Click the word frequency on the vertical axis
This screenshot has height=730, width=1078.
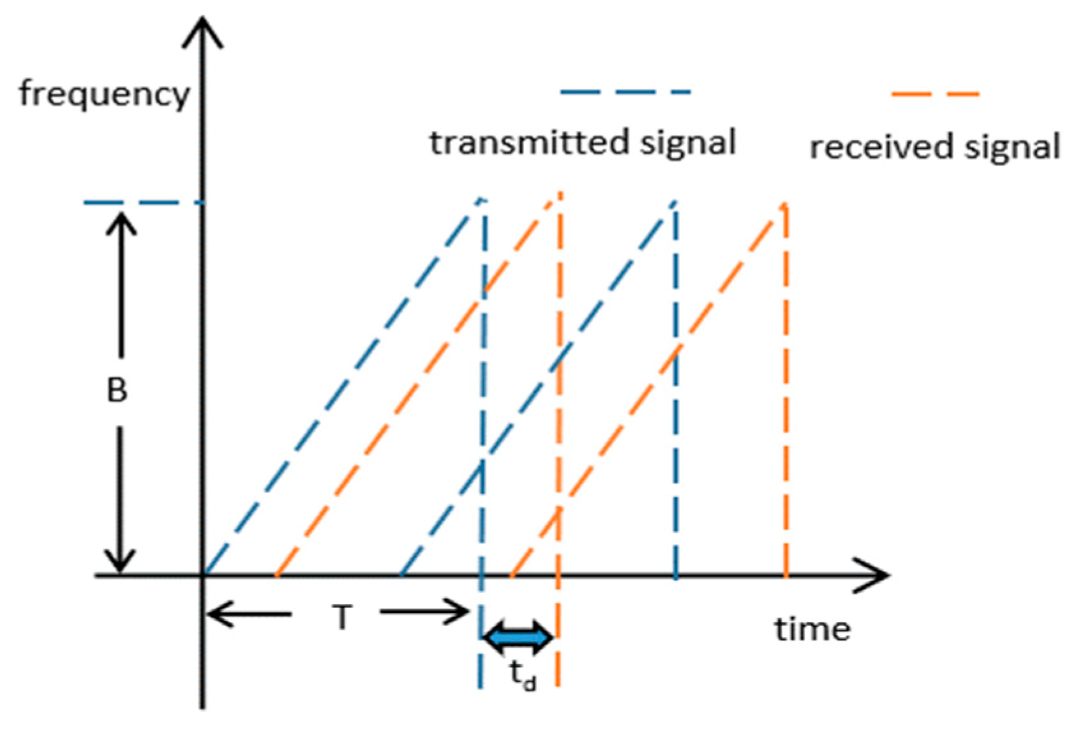click(x=104, y=95)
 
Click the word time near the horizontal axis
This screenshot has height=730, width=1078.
click(x=812, y=629)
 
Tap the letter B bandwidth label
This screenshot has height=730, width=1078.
click(x=117, y=390)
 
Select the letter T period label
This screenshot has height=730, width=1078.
click(x=342, y=618)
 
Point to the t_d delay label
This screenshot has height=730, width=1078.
click(x=523, y=676)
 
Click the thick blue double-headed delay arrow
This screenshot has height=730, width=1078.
click(x=518, y=637)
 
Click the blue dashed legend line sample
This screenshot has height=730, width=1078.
click(x=625, y=92)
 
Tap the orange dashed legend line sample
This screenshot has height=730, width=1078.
click(x=935, y=94)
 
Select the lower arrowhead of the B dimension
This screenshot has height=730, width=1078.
click(x=120, y=562)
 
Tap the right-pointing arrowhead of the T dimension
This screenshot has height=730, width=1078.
click(x=461, y=612)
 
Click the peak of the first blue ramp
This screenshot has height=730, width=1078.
click(x=481, y=200)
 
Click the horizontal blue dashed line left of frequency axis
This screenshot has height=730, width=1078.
click(x=143, y=203)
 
